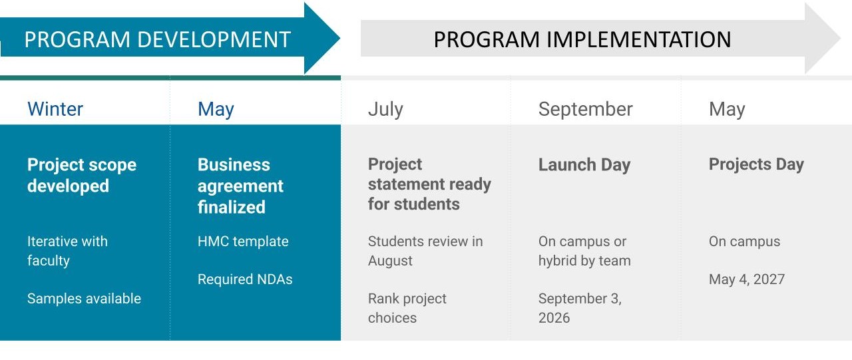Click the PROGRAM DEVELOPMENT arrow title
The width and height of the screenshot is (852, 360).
(x=158, y=39)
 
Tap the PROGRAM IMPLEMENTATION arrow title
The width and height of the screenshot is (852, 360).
(x=582, y=39)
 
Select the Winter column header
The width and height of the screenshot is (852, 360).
(x=55, y=109)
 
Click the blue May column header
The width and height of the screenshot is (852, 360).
(x=216, y=110)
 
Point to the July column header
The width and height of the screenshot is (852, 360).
(x=385, y=110)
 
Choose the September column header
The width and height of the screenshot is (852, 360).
(x=585, y=110)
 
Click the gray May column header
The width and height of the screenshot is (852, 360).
(x=727, y=110)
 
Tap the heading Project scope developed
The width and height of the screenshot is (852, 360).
(x=82, y=175)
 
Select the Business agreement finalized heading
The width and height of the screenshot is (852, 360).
(x=240, y=186)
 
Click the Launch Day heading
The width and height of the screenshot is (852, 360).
(x=584, y=165)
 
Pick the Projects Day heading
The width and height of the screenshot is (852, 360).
(x=756, y=164)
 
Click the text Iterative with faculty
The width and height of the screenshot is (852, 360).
(x=67, y=251)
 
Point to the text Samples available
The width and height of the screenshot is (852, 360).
(x=84, y=298)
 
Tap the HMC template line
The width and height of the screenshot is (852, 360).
(x=243, y=242)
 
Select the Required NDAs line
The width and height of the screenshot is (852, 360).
(x=245, y=279)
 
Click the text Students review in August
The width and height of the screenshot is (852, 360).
(x=425, y=251)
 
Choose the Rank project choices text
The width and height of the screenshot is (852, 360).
(x=407, y=308)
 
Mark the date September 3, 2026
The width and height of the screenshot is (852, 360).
(x=580, y=308)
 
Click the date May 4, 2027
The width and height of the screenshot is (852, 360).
(x=747, y=279)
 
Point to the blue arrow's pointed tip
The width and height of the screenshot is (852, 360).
(x=339, y=38)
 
